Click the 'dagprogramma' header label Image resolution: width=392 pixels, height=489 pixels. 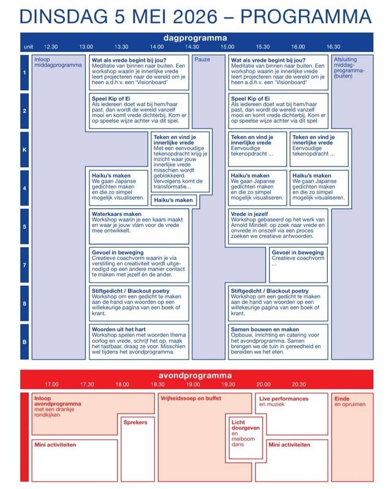[x=195, y=37]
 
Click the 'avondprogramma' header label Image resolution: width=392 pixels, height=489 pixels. [x=195, y=375]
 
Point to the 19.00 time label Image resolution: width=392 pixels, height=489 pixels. [x=193, y=384]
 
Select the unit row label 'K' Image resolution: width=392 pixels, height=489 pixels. [x=24, y=149]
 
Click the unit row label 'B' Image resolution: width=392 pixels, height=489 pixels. [x=24, y=341]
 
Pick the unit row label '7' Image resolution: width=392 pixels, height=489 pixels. [x=24, y=264]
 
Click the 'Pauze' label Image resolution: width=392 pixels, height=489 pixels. [x=202, y=59]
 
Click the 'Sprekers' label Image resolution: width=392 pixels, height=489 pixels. [x=135, y=422]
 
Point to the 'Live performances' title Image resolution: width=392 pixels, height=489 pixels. [x=283, y=398]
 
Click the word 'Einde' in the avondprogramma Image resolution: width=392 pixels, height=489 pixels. [x=341, y=398]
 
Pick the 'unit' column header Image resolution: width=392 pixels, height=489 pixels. [x=28, y=47]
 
